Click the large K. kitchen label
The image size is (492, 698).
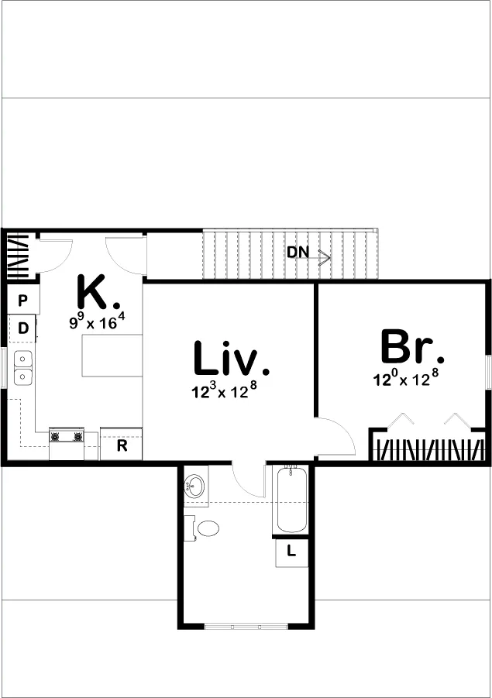pos(98,292)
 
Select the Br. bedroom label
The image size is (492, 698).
pos(412,346)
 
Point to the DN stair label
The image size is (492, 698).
pos(298,253)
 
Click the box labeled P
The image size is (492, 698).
pos(23,300)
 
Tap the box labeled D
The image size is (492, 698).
pos(22,328)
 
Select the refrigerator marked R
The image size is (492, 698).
pos(121,444)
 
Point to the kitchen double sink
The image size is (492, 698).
pos(22,368)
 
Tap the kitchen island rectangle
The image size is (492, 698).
pos(112,356)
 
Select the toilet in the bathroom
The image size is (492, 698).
pos(205,528)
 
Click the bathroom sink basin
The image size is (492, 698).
pos(194,486)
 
